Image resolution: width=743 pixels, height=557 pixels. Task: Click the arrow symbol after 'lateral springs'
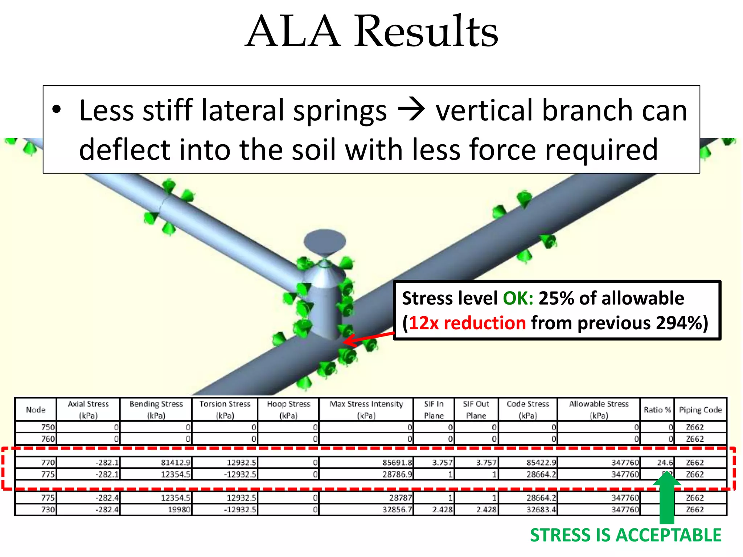click(x=411, y=111)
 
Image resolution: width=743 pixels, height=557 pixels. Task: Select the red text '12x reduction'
click(x=467, y=323)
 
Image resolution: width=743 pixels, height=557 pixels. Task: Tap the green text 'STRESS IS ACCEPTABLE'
click(x=625, y=535)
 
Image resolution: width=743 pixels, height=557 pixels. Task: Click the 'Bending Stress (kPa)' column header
click(x=156, y=409)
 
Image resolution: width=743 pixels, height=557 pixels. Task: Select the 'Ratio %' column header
click(x=657, y=410)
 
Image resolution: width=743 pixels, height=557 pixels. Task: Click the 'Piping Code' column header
click(x=700, y=410)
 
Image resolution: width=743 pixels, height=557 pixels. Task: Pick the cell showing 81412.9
click(x=176, y=462)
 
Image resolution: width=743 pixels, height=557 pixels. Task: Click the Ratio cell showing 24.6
click(x=665, y=462)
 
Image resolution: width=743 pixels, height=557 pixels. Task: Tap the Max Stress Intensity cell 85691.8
click(x=397, y=462)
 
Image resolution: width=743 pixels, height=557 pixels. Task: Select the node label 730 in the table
click(x=48, y=509)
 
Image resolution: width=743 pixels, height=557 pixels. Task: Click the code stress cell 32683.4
click(x=541, y=509)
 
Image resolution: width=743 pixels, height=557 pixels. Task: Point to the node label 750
click(x=48, y=427)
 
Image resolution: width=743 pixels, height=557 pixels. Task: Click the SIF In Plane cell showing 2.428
click(x=442, y=509)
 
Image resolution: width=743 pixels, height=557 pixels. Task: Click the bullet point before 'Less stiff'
click(x=56, y=110)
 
